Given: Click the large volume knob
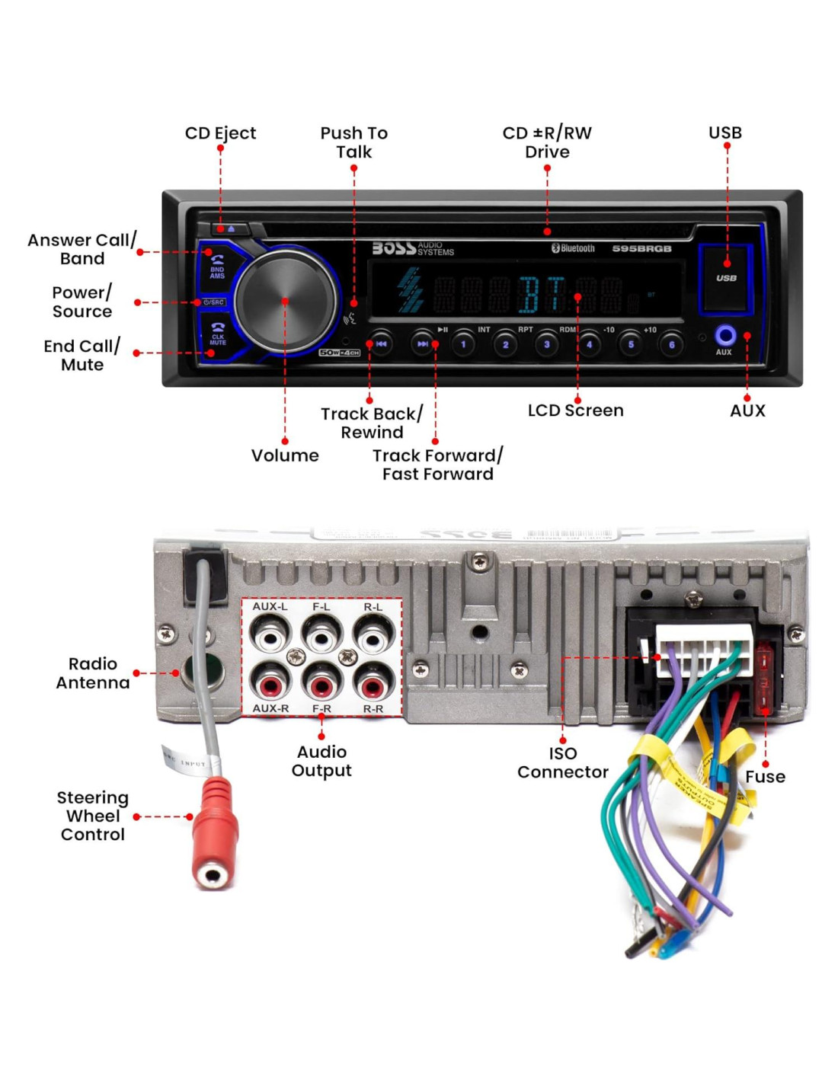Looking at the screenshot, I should click(285, 302).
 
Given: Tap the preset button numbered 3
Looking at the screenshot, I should click(546, 344).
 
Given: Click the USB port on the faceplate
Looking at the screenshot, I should click(726, 279).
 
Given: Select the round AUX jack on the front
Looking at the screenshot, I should click(724, 335).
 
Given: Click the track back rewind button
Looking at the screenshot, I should click(381, 344).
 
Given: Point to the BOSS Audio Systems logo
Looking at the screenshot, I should click(412, 248).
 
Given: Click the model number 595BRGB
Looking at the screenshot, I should click(641, 249).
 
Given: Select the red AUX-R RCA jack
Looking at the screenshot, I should click(270, 685).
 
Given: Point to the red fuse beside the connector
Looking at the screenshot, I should click(764, 678).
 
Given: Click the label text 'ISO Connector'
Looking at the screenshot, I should click(563, 762).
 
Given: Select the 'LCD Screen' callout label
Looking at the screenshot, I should click(576, 411).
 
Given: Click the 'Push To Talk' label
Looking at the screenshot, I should click(354, 142).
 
